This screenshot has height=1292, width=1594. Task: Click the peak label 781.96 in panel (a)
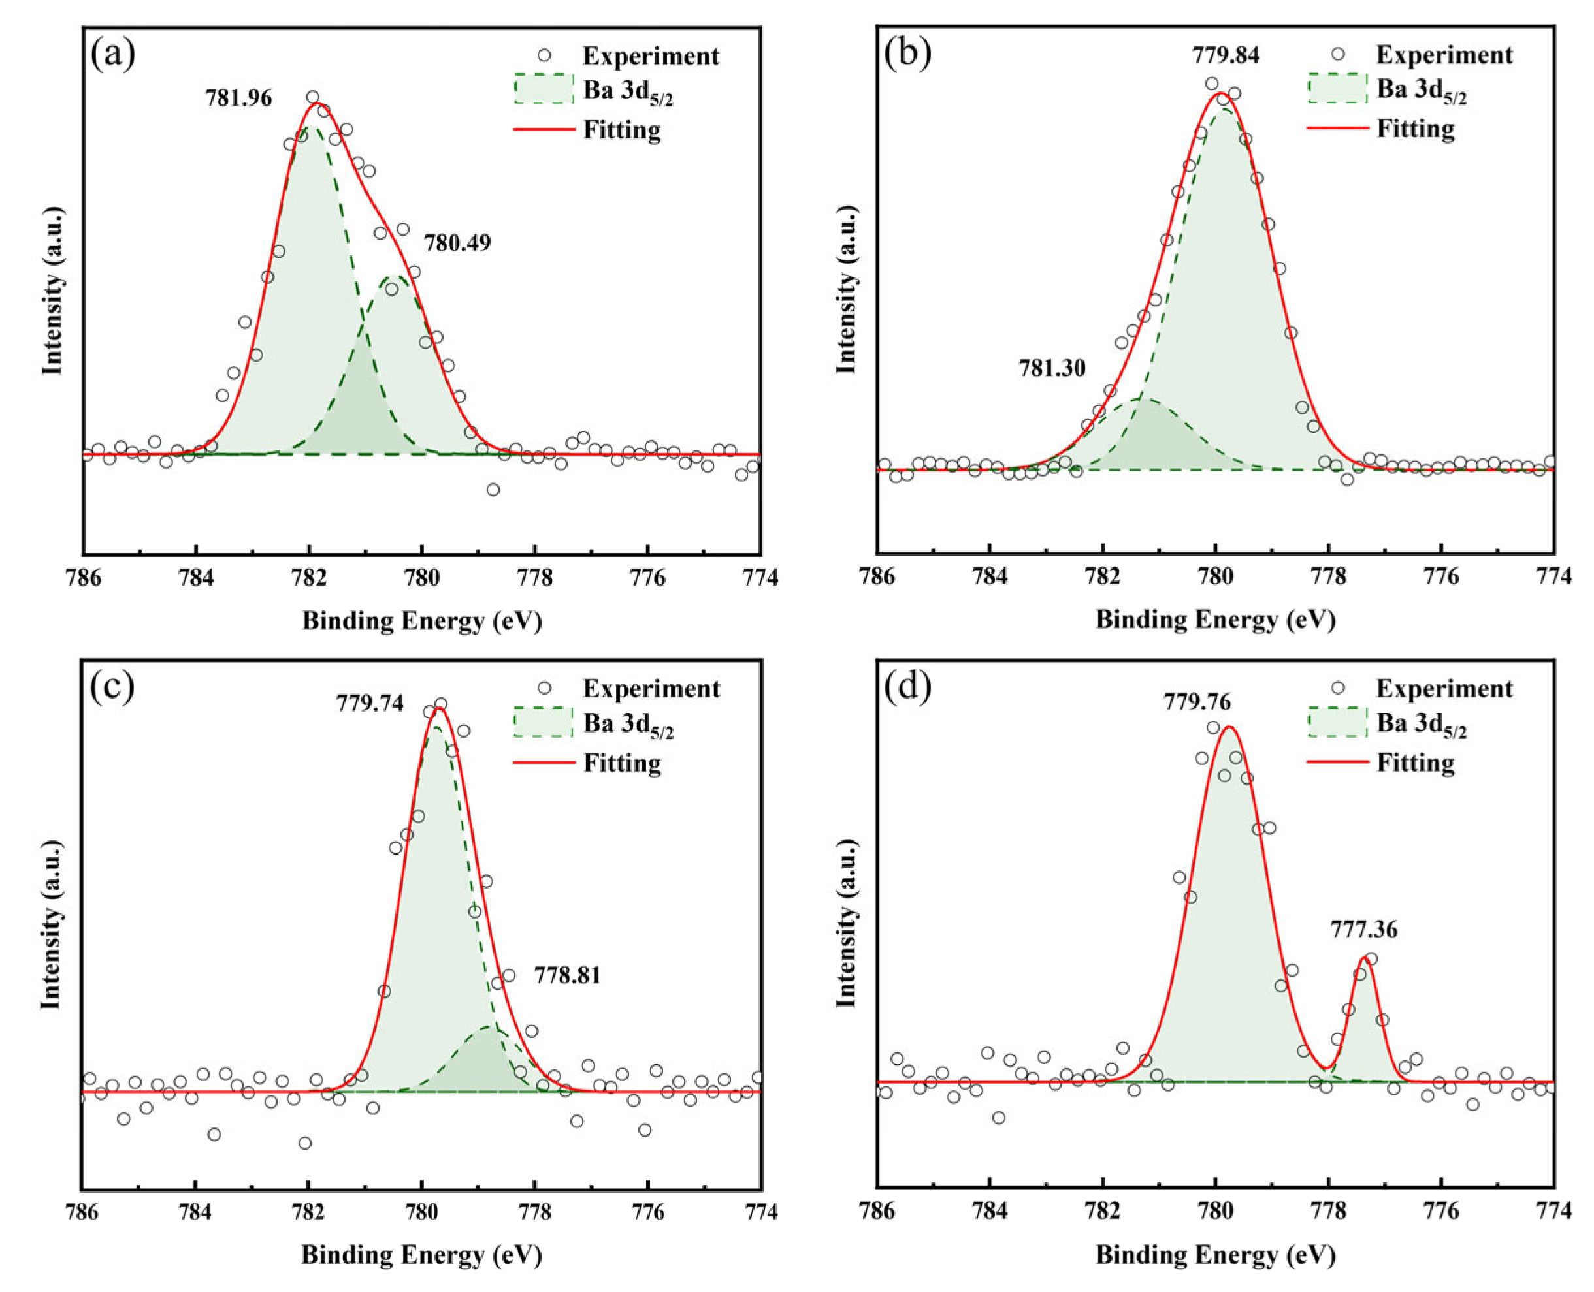(x=239, y=98)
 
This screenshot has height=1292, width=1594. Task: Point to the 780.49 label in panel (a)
(x=457, y=244)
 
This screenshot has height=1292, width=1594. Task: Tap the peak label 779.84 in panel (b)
(x=1226, y=55)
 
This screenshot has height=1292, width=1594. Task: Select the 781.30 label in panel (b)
(x=1052, y=368)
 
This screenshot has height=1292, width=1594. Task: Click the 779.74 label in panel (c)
(x=369, y=703)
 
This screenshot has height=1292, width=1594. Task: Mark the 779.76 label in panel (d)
(x=1197, y=702)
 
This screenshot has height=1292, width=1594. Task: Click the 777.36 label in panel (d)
(x=1364, y=930)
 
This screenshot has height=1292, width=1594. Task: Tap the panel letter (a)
(x=112, y=54)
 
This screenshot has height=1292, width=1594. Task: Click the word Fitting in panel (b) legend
(x=1415, y=129)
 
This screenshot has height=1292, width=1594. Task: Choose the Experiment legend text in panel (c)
(x=651, y=688)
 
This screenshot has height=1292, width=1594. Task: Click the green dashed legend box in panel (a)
(x=544, y=89)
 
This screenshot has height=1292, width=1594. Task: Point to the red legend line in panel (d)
(x=1337, y=762)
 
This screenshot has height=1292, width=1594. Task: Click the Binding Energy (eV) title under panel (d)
(x=1215, y=1255)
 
